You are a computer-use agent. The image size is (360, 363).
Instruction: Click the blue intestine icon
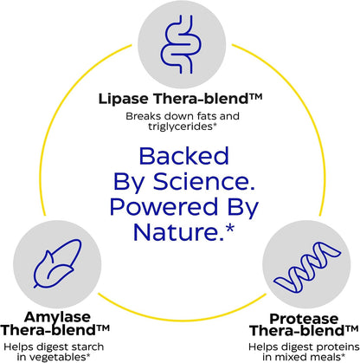(x=181, y=44)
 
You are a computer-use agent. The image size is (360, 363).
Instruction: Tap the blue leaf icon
(x=57, y=263)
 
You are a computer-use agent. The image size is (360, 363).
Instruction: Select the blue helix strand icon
(x=307, y=267)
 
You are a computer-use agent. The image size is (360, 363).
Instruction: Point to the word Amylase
(x=57, y=318)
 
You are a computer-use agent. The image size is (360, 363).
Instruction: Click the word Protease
(x=304, y=319)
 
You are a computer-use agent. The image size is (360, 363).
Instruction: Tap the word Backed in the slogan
(x=183, y=156)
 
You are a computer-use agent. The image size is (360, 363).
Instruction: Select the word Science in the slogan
(x=204, y=182)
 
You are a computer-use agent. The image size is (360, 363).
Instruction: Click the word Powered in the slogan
(x=164, y=207)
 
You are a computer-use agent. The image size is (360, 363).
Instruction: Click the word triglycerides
(x=181, y=126)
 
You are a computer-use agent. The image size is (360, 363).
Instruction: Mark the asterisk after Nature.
(x=230, y=228)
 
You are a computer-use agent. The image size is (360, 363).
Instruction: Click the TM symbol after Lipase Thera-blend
(x=256, y=96)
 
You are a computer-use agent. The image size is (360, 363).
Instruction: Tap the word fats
(x=202, y=116)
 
